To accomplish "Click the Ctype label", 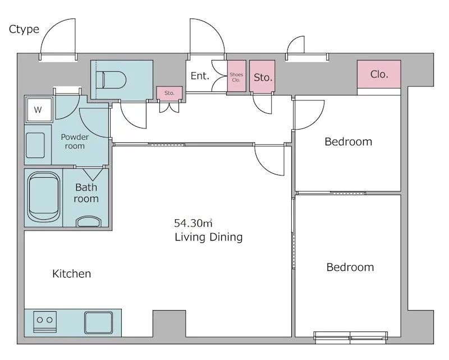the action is [24, 29].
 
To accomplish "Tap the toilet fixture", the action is [111, 80].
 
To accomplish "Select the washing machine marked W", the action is [39, 109].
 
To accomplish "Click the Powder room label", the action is [75, 141].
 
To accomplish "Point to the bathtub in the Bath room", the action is [44, 197].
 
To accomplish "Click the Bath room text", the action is [86, 193].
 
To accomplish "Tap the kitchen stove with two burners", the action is [45, 322].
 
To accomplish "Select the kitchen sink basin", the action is [99, 322].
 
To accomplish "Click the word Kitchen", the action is [72, 274].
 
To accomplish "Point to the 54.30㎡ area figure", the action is [193, 223].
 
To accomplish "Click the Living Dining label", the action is [208, 237].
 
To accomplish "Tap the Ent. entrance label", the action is [200, 76].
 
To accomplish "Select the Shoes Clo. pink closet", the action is [236, 76].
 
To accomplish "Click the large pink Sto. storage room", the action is [262, 76].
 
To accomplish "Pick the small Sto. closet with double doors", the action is [169, 93].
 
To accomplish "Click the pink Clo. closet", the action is [379, 74].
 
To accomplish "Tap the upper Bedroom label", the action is [348, 142].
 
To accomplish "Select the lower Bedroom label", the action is [350, 267].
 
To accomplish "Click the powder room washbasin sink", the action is [35, 145].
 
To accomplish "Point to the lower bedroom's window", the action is [351, 337].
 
